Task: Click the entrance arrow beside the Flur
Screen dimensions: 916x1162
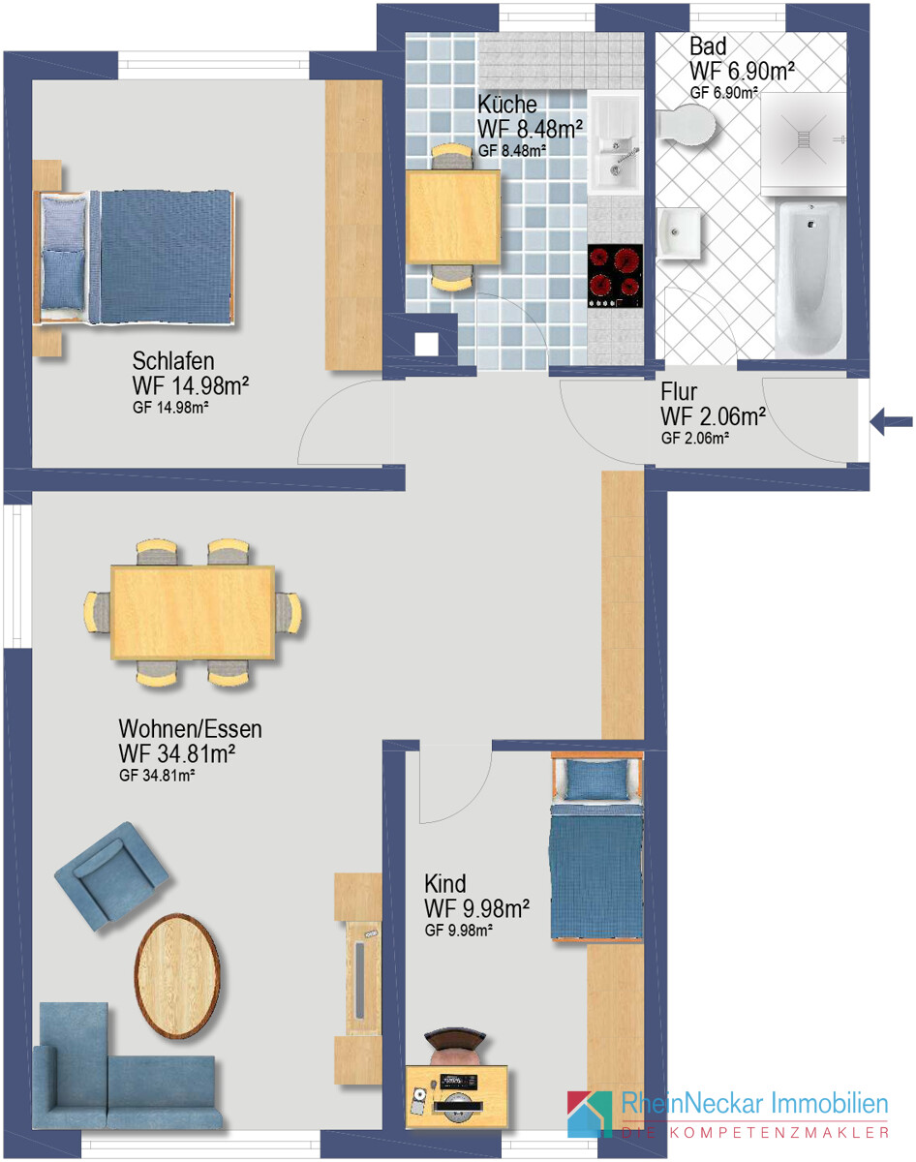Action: coord(891,422)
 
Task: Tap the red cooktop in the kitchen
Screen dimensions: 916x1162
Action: coord(615,276)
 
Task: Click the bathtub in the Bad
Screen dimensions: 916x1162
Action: coord(809,279)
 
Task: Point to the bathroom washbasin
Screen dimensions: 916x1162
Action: coord(680,233)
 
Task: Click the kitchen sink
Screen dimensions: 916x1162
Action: coord(615,142)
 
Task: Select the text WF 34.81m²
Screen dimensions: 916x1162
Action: coord(176,753)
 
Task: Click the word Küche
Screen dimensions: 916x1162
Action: coord(506,104)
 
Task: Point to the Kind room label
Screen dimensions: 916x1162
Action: coord(445,884)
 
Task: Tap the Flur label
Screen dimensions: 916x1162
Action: coord(679,391)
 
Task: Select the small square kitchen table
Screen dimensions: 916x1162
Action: coord(453,217)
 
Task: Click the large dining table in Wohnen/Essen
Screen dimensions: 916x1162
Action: coord(193,612)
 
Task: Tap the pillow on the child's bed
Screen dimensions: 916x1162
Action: coord(598,780)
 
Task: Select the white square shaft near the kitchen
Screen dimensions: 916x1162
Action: coord(427,344)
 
